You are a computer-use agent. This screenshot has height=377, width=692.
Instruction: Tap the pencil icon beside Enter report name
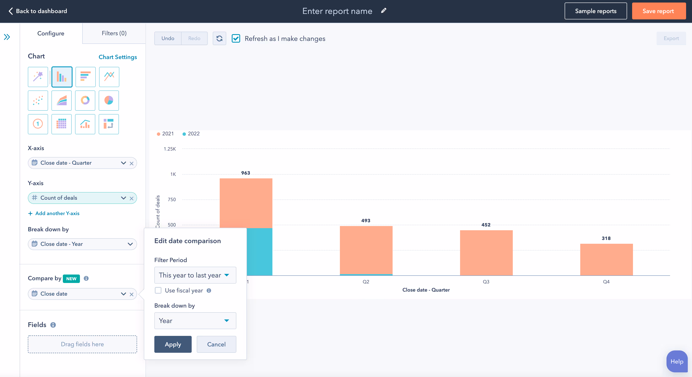pos(384,11)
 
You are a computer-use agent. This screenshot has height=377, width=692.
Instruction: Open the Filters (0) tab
pos(114,33)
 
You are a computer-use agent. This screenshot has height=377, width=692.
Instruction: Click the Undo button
pos(168,38)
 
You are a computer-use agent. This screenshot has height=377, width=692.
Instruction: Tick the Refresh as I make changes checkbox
pos(236,38)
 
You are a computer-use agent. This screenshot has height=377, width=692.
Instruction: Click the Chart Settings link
pos(118,57)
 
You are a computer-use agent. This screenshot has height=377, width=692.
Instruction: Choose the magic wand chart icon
pos(38,77)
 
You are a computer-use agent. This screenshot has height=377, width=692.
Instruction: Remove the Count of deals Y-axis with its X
pos(131,198)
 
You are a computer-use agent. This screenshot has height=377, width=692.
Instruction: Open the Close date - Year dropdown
pos(82,244)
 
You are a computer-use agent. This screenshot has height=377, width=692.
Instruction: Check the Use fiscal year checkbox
pos(158,291)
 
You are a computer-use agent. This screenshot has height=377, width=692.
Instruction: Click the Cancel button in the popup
pos(216,344)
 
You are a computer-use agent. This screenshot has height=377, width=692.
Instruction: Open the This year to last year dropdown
pos(195,275)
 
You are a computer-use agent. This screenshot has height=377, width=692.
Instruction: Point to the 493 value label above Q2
pos(366,221)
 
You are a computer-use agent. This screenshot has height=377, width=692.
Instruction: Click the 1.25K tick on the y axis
pos(170,149)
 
